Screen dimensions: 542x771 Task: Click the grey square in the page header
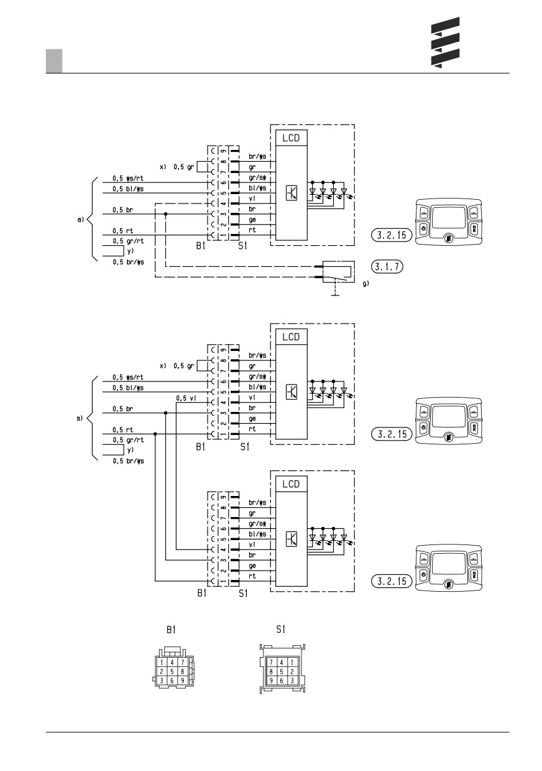tap(54, 61)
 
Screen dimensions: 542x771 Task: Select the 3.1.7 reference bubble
tap(387, 267)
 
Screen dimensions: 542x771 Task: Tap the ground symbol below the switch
tap(334, 295)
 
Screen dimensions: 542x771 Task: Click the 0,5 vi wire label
tap(186, 398)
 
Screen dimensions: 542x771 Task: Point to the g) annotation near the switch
tap(366, 284)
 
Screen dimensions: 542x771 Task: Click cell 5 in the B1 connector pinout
tap(172, 671)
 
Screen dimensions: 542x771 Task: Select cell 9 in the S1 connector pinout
tap(271, 681)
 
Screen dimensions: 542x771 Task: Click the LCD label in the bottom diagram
tap(291, 484)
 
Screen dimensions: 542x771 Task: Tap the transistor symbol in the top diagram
tap(292, 193)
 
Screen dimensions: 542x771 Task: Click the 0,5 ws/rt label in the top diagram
tap(128, 179)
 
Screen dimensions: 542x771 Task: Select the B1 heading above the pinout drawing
tap(171, 630)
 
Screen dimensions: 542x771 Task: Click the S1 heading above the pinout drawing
tap(280, 629)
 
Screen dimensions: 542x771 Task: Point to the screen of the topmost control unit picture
tap(449, 217)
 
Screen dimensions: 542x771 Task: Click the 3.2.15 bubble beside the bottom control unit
tap(392, 581)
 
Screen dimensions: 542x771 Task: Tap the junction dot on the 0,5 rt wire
tap(155, 434)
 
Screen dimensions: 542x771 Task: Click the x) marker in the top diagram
tap(163, 167)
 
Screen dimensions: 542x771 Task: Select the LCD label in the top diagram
tap(291, 138)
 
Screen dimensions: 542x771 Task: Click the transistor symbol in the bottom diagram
tap(292, 539)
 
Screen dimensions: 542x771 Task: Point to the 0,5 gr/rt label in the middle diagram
tap(128, 440)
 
